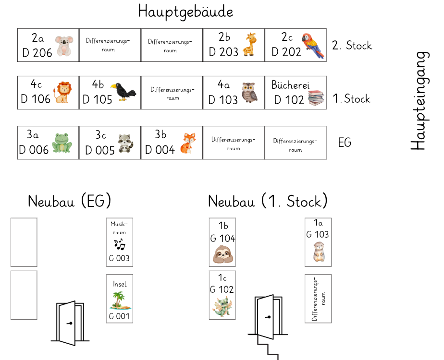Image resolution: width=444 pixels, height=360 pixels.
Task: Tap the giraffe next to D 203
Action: pos(250,45)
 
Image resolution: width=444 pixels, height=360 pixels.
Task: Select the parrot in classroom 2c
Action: pos(312,46)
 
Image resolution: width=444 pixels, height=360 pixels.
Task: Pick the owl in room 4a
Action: pos(249,92)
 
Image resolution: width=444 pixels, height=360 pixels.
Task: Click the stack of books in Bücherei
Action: pos(316,98)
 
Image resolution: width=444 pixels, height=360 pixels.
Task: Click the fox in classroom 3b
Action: pos(187,143)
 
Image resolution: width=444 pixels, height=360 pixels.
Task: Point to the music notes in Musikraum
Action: pos(119,245)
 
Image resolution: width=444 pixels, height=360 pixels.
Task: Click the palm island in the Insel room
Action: pos(119,301)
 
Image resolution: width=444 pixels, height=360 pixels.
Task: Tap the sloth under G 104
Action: pos(222,254)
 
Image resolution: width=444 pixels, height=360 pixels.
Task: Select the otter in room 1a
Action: pos(318,252)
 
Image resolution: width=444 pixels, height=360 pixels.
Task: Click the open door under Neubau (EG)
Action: pos(70,322)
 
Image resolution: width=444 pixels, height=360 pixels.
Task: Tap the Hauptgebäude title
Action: pos(185,11)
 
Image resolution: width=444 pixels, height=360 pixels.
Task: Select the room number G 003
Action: pos(119,258)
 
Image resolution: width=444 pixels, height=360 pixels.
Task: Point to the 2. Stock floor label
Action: pos(352,46)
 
